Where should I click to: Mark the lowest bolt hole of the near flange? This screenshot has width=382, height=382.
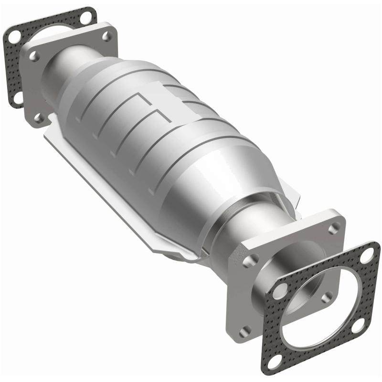coord(246,329)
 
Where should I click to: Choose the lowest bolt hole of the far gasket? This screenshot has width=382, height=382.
coord(18,97)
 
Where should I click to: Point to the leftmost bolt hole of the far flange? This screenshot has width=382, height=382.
coord(34,56)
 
